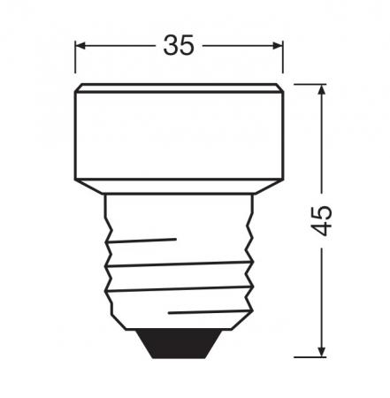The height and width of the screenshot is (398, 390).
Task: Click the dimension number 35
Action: (179, 45)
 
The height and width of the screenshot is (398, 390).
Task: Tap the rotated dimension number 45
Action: (325, 220)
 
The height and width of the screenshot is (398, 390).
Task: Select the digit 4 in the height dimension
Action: (325, 230)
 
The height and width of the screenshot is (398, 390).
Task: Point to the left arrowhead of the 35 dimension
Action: (80, 45)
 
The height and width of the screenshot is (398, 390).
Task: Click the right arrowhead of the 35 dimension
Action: (277, 45)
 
